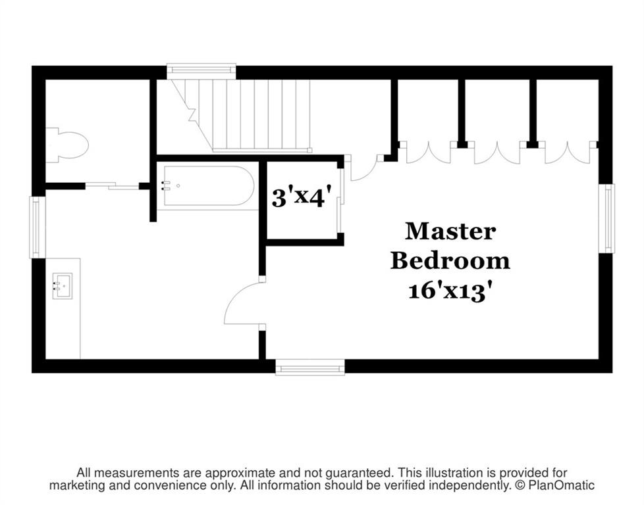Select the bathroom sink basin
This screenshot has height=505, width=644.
[62, 285]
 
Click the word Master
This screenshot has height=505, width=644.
[450, 231]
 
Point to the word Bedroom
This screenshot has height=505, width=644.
[450, 260]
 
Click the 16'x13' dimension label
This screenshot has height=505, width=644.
[450, 292]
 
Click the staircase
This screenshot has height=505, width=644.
[242, 116]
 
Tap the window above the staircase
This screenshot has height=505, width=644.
[201, 70]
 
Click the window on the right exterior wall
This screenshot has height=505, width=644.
[606, 218]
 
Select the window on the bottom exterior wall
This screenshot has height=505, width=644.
[309, 367]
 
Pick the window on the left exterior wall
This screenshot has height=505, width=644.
[37, 227]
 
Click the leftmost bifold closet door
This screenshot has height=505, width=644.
[429, 153]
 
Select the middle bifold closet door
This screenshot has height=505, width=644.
[497, 153]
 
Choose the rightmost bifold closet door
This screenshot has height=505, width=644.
[568, 153]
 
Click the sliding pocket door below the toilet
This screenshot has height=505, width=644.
[112, 186]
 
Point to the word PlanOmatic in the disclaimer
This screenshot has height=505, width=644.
[561, 486]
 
